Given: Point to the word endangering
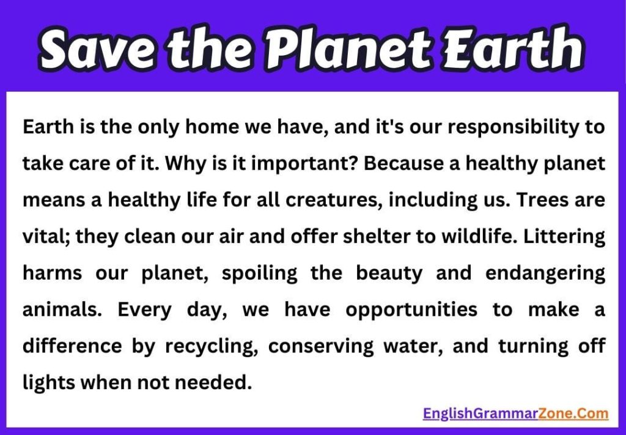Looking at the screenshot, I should tap(545, 273).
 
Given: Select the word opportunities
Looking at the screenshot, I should tap(411, 310).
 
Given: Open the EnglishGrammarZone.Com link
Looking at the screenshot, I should tap(515, 414).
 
